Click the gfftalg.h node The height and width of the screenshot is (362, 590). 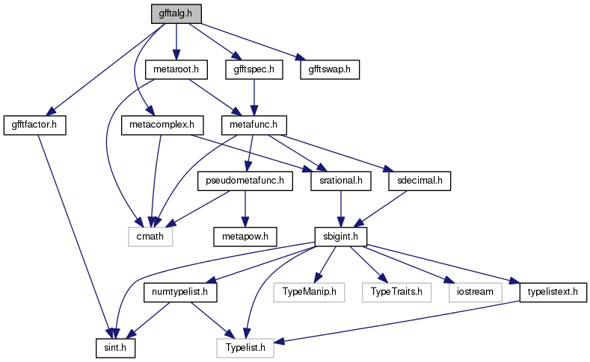click(176, 14)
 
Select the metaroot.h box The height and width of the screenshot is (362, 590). click(176, 69)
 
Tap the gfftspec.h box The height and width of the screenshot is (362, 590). click(254, 69)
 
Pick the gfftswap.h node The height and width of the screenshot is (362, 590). click(330, 69)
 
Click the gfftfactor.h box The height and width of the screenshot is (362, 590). click(34, 125)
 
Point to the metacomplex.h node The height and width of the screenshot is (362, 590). click(162, 125)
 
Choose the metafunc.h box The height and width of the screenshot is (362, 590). click(254, 125)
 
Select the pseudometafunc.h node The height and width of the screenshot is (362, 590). click(245, 181)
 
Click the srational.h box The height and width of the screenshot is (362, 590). click(341, 181)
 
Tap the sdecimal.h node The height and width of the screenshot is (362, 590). click(420, 181)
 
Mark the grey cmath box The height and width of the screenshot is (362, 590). click(150, 237)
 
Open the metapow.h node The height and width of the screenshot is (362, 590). click(245, 237)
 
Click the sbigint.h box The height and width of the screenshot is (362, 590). click(341, 237)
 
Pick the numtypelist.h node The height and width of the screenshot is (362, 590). click(180, 292)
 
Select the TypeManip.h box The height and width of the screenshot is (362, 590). click(309, 292)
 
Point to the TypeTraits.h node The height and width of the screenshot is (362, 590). click(396, 292)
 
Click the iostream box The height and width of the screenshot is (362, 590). click(476, 292)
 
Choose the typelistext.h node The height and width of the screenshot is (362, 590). click(553, 292)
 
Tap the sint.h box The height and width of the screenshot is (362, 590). click(115, 348)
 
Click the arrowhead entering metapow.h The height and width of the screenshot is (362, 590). click(245, 222)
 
